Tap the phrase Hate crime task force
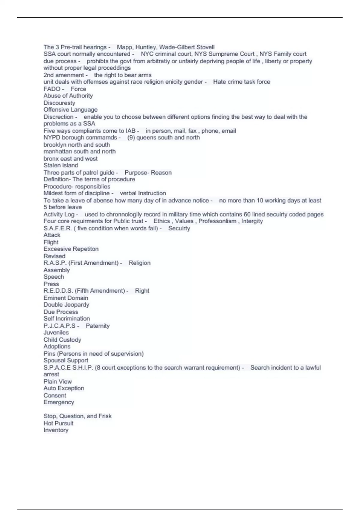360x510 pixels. pyautogui.click(x=241, y=82)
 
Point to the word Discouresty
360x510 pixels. pyautogui.click(x=59, y=103)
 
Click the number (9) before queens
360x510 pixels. pyautogui.click(x=131, y=137)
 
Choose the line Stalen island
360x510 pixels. pyautogui.click(x=61, y=165)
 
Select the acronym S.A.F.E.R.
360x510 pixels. pyautogui.click(x=58, y=228)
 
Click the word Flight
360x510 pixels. pyautogui.click(x=51, y=242)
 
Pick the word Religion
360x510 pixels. pyautogui.click(x=139, y=263)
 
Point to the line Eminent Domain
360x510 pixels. pyautogui.click(x=66, y=298)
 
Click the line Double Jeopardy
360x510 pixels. pyautogui.click(x=66, y=304)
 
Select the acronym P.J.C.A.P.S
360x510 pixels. pyautogui.click(x=59, y=326)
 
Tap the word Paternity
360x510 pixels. pyautogui.click(x=97, y=326)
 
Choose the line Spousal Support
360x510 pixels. pyautogui.click(x=66, y=360)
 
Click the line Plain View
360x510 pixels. pyautogui.click(x=58, y=382)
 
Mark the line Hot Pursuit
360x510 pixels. pyautogui.click(x=58, y=423)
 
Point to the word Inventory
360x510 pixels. pyautogui.click(x=56, y=430)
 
